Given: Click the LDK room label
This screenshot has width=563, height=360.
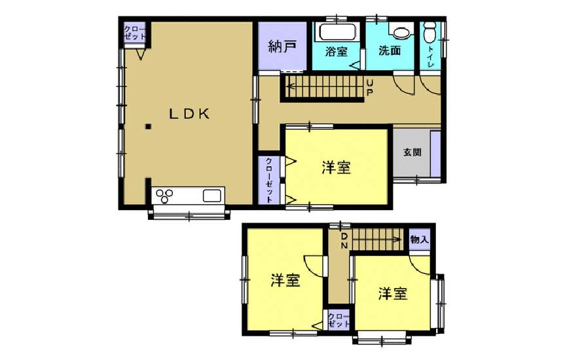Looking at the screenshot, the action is [189, 114].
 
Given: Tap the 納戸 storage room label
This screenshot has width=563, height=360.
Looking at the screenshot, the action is [282, 46].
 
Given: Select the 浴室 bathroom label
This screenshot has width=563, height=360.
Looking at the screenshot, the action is [336, 51].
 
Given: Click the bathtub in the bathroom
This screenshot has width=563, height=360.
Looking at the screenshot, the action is [338, 31].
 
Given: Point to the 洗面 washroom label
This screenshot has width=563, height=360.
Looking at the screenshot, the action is [390, 50].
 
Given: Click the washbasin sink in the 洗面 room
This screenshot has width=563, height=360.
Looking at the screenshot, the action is [401, 32].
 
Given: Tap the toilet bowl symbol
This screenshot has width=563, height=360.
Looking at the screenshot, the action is [429, 31].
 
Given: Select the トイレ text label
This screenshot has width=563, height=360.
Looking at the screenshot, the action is [430, 57].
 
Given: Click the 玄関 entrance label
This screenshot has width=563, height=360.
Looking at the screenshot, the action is [412, 153].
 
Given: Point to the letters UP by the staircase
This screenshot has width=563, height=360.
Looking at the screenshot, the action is [369, 88].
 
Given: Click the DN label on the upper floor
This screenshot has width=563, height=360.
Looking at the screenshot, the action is [344, 241].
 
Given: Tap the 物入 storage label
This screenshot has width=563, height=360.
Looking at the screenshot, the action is [420, 240].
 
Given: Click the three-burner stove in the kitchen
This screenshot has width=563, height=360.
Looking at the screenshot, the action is [165, 196].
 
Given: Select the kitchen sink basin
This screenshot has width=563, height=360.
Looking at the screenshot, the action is [212, 196].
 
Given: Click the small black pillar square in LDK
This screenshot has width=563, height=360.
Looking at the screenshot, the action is [148, 126].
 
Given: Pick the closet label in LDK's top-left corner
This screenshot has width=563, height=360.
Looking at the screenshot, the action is [135, 33].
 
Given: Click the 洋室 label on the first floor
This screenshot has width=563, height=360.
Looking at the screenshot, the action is [336, 168].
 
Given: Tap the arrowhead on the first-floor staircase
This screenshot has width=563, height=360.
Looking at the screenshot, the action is [290, 86].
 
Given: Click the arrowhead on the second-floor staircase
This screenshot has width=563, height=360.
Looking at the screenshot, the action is [397, 240].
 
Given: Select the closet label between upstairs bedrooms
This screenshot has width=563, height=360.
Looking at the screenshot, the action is [338, 320].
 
